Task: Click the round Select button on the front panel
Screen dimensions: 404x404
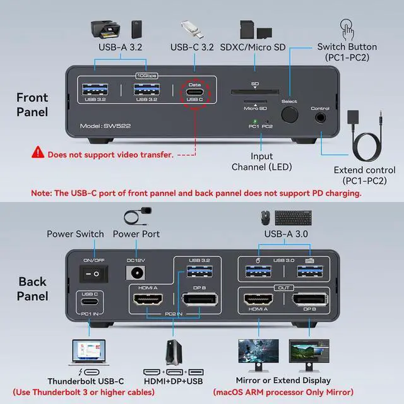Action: coord(290,114)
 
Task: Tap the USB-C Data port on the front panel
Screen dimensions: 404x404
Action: coord(194,88)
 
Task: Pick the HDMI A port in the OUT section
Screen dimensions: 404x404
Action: coord(256,300)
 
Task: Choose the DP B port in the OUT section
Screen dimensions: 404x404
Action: coord(309,300)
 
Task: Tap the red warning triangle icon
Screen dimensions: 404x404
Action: coord(39,152)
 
